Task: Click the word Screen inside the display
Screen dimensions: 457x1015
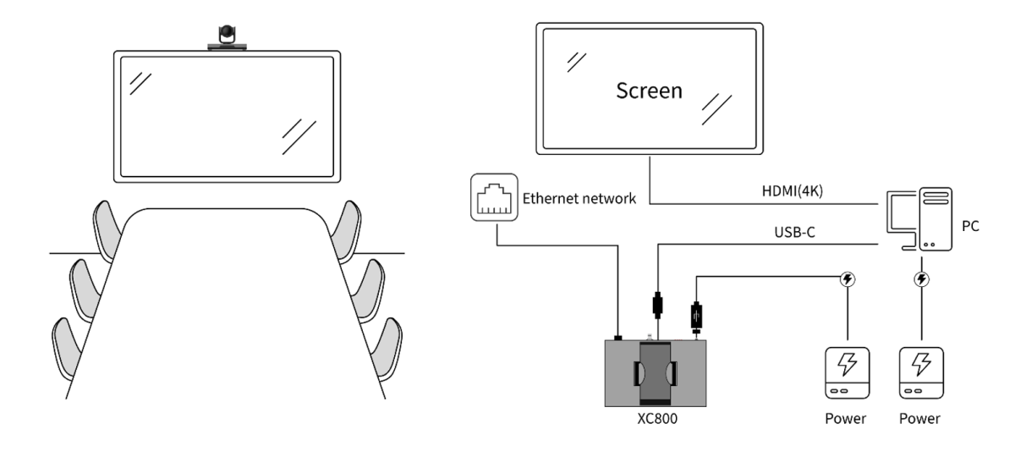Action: coord(649,91)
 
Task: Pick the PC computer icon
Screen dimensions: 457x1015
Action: coord(919,219)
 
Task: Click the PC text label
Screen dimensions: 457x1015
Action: coord(971,228)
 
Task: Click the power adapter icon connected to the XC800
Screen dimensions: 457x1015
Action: coord(846,373)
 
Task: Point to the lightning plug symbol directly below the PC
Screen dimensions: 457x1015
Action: coord(919,279)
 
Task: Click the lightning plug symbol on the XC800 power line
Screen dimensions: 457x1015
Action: coord(846,279)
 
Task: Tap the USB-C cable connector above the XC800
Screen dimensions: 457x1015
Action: coord(656,304)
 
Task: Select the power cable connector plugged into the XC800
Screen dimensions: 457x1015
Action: coord(696,317)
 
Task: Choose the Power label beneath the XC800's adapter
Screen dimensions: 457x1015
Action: coord(846,418)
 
